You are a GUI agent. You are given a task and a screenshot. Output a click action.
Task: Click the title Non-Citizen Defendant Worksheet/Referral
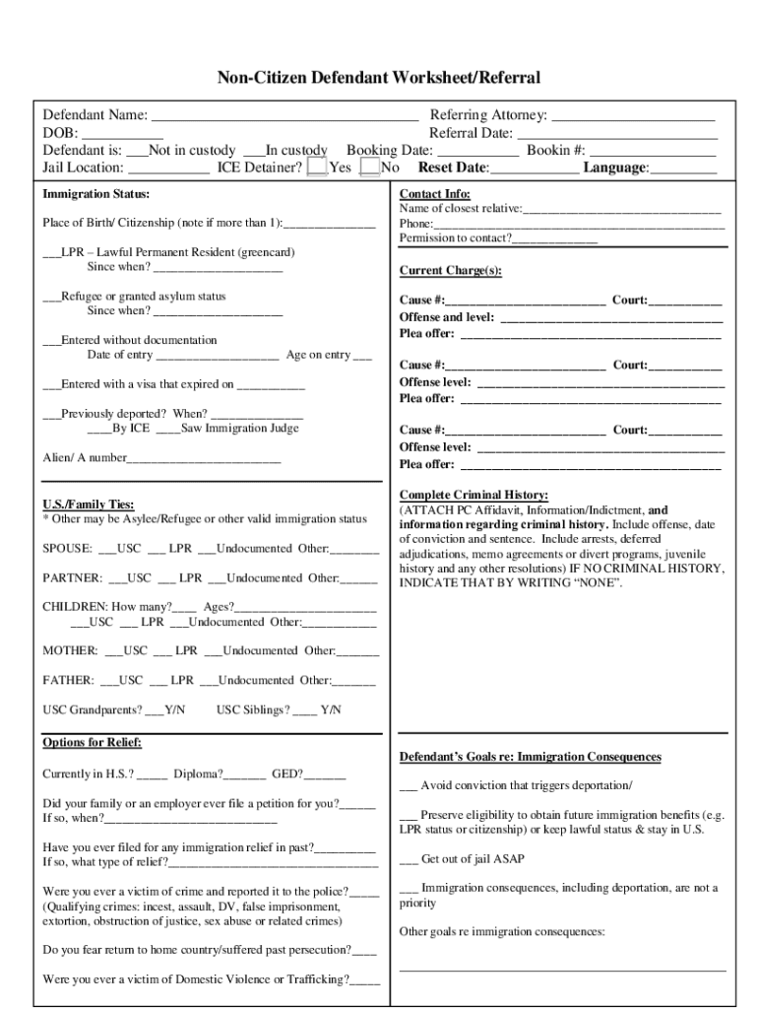(x=379, y=78)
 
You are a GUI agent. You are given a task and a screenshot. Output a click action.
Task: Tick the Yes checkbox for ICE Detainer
(x=317, y=168)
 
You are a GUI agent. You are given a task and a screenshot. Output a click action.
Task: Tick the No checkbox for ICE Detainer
(x=369, y=168)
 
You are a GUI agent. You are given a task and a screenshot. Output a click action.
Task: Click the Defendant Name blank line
(x=284, y=117)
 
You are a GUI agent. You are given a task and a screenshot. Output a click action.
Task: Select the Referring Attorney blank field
(x=633, y=117)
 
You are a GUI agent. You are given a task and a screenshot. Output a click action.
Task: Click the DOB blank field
(x=122, y=135)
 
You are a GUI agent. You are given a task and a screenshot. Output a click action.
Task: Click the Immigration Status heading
(x=96, y=194)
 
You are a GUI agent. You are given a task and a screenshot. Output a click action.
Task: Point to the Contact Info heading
(x=434, y=194)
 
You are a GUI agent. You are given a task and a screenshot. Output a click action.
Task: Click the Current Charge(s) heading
(x=451, y=271)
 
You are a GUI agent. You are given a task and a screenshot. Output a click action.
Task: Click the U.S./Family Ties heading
(x=89, y=504)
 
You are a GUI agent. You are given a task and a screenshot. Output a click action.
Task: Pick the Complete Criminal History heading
(x=474, y=495)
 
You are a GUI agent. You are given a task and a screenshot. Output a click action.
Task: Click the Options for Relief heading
(x=93, y=742)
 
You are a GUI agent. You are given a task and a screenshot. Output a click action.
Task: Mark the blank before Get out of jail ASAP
(x=409, y=858)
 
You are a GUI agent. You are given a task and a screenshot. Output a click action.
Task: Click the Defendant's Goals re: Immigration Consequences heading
(x=530, y=757)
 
